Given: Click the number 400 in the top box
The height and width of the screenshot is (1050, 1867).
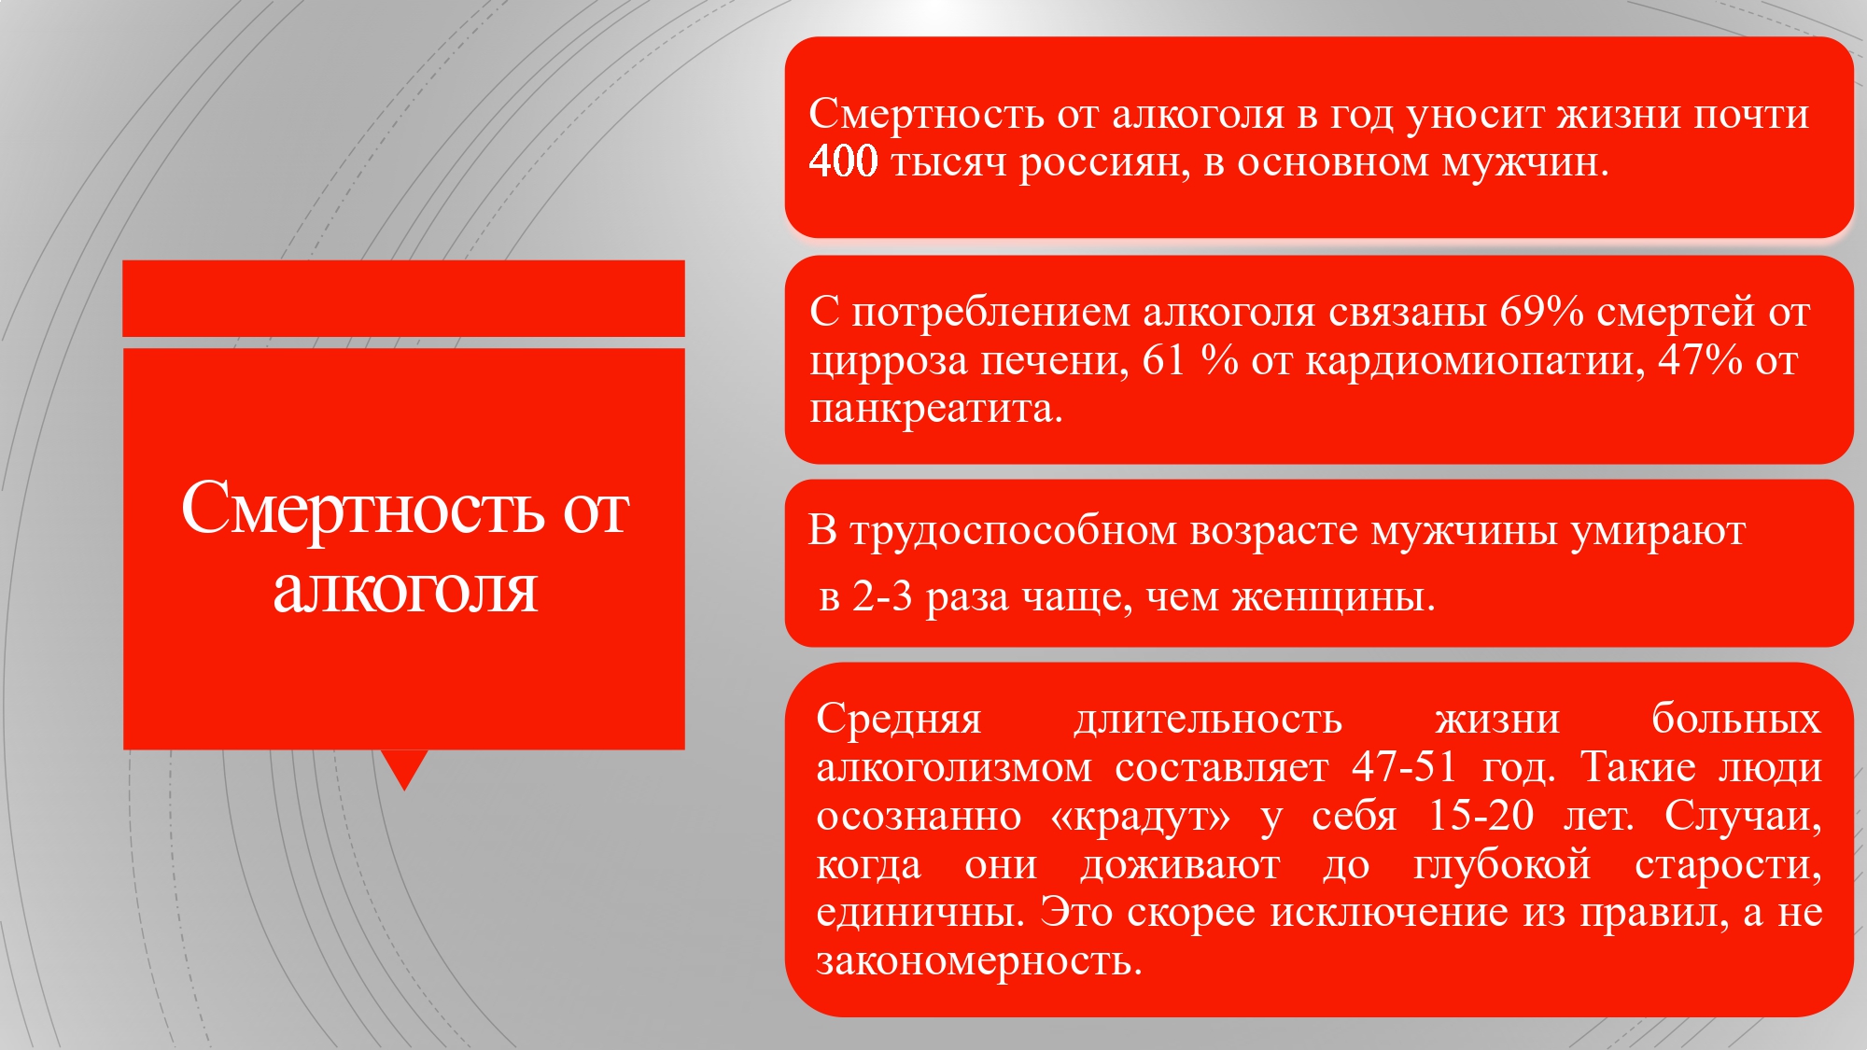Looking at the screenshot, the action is tap(843, 161).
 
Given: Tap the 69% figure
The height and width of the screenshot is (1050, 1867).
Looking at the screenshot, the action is tap(1541, 312).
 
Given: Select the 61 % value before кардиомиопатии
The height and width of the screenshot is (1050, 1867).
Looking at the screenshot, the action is tap(1190, 360).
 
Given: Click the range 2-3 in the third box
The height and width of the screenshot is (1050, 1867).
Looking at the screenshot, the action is tap(882, 596).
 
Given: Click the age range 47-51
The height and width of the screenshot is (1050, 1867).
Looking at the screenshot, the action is tap(1405, 767).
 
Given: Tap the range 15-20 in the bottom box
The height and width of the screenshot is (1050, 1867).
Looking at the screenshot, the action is tap(1481, 816).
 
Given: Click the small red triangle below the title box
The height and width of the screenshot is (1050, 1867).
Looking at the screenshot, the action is tap(404, 765).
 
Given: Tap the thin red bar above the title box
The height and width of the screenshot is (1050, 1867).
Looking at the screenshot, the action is tap(403, 299).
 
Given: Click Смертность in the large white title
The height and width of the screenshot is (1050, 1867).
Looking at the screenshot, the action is tap(362, 510).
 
